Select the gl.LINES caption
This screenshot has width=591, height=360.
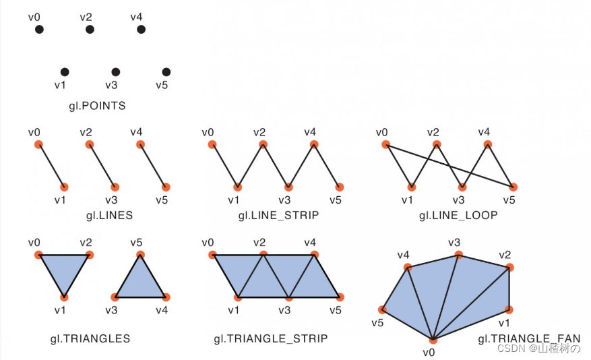tap(109, 215)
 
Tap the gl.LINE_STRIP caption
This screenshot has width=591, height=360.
tap(278, 215)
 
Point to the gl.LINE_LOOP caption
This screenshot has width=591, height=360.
tap(458, 215)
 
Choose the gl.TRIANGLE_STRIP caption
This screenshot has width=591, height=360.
tap(271, 338)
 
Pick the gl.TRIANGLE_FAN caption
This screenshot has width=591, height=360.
tap(529, 338)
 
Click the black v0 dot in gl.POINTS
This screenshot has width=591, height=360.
tap(39, 29)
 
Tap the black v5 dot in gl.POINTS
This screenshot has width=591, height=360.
tap(166, 72)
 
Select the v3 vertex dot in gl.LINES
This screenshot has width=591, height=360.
tap(115, 187)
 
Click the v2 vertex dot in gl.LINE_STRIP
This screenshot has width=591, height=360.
tap(263, 144)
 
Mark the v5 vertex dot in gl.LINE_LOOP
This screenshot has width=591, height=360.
tap(514, 187)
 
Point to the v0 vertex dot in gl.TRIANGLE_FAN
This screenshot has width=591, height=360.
tap(433, 338)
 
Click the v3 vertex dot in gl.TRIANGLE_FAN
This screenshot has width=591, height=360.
tap(459, 255)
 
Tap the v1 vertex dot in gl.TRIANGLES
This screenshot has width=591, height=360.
tap(64, 297)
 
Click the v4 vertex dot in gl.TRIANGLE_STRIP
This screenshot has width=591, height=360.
tap(314, 255)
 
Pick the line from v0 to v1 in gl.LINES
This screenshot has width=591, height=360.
tap(51, 165)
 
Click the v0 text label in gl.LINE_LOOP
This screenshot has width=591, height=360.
tap(383, 131)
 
